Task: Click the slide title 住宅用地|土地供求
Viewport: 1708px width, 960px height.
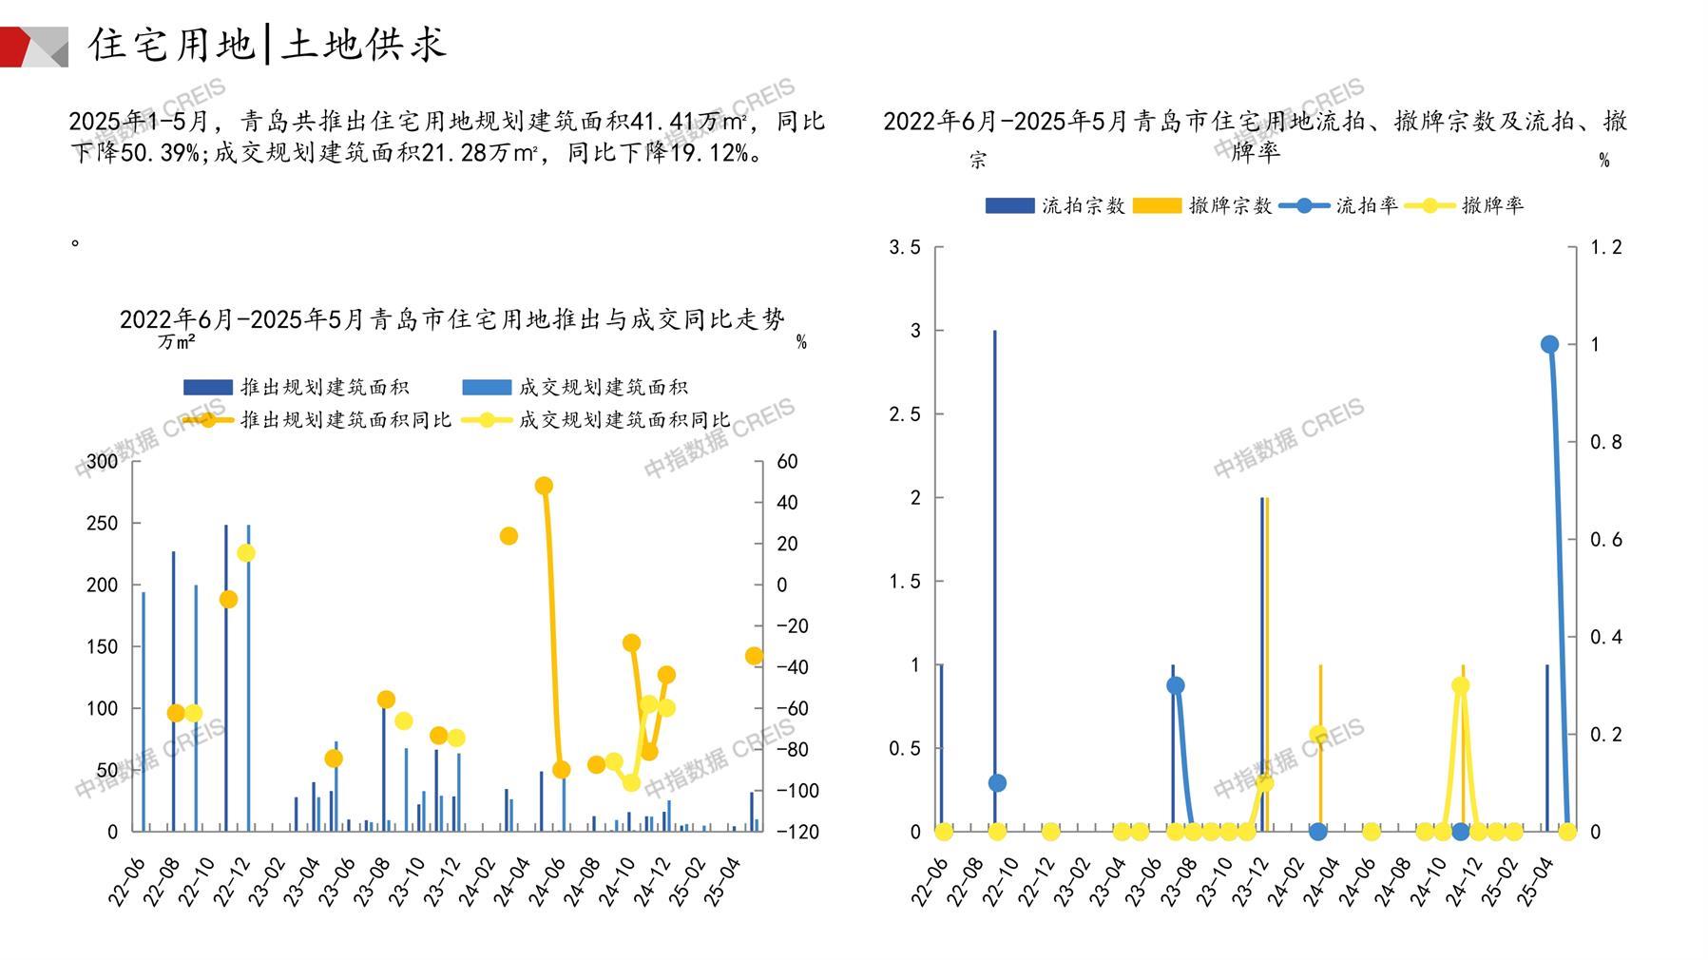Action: pos(267,44)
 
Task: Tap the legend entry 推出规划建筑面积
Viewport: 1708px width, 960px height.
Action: pos(297,387)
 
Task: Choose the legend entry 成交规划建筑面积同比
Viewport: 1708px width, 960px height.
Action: pos(596,419)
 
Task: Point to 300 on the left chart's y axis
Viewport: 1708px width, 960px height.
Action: pos(103,462)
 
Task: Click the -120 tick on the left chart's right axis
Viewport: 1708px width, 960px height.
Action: pos(796,832)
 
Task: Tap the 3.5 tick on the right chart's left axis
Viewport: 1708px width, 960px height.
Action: pos(905,248)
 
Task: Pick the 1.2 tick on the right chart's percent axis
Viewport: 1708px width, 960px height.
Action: pos(1606,248)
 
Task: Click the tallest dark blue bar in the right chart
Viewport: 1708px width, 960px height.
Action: pos(995,580)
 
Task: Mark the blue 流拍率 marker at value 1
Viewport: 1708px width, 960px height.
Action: pos(1549,344)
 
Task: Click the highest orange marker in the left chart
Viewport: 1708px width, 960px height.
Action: pos(544,486)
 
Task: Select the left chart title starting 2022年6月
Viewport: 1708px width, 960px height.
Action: pos(452,319)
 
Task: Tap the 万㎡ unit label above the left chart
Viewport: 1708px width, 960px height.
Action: pos(177,342)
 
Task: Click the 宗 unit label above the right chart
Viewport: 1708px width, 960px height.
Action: pos(978,161)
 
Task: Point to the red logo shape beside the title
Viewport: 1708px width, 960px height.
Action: pos(17,47)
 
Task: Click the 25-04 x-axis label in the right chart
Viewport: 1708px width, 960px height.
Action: pos(1535,882)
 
